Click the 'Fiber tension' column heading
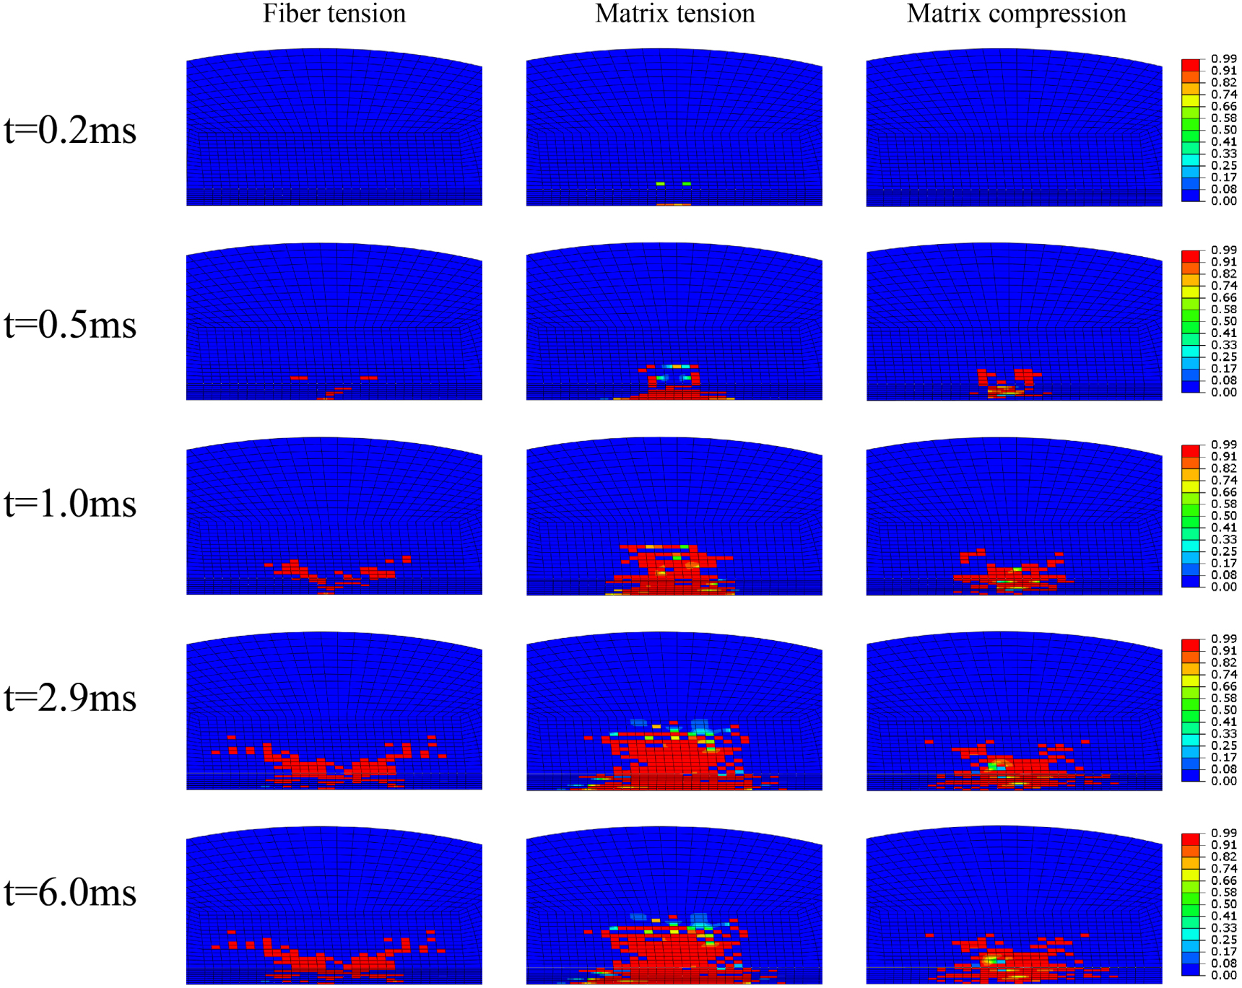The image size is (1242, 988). [x=334, y=14]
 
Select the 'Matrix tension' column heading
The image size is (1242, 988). [x=674, y=14]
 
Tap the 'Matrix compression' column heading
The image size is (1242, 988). [x=1016, y=14]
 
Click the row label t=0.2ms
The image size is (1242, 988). [x=70, y=131]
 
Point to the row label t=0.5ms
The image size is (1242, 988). [x=70, y=325]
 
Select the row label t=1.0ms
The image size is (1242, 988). [x=70, y=504]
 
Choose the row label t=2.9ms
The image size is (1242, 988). [x=70, y=698]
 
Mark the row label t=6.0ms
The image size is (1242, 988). [x=70, y=893]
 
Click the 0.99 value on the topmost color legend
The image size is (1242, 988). [x=1224, y=58]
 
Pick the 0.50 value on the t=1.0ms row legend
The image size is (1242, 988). [x=1224, y=515]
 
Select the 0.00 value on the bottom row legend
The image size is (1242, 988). [x=1224, y=975]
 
